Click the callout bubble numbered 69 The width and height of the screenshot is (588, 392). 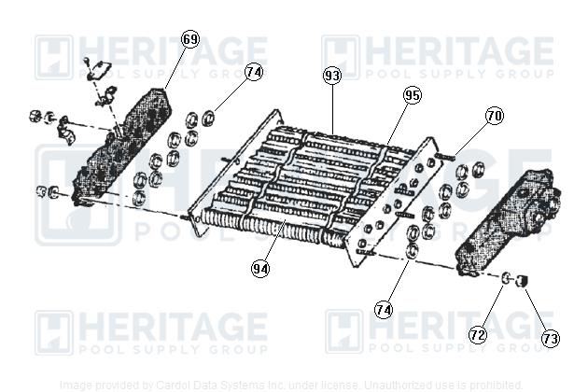click(x=190, y=39)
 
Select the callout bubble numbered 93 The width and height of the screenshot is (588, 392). click(x=333, y=75)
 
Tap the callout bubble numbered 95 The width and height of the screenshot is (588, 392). click(x=413, y=95)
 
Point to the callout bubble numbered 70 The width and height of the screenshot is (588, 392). click(x=494, y=117)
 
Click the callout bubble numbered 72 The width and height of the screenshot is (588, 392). click(x=478, y=333)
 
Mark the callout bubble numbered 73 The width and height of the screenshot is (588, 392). click(x=551, y=339)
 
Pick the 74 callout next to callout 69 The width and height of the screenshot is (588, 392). click(x=255, y=71)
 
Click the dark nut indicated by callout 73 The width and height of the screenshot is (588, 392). click(x=524, y=279)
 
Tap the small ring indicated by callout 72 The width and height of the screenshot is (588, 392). click(x=506, y=277)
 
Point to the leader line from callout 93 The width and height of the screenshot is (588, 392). click(x=334, y=107)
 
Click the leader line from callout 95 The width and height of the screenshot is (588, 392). click(x=397, y=120)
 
